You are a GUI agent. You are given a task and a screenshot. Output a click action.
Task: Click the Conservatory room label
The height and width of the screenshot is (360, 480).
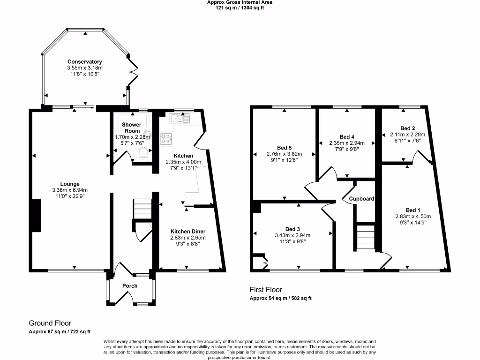click(84, 62)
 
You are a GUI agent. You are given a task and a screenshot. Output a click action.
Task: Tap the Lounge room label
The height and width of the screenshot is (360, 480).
click(69, 184)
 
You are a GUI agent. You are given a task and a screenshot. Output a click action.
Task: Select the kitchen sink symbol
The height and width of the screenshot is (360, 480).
click(180, 118)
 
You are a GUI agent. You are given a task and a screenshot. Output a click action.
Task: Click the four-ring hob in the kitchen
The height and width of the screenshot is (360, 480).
click(166, 138)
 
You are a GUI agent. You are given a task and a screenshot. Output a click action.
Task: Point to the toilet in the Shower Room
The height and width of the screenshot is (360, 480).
click(144, 155)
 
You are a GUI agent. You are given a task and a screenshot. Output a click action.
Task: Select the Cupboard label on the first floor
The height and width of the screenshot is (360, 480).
click(361, 199)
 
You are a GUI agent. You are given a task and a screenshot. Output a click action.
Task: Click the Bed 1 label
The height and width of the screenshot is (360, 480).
click(412, 210)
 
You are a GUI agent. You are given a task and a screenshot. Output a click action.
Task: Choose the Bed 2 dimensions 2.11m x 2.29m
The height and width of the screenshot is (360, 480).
click(407, 134)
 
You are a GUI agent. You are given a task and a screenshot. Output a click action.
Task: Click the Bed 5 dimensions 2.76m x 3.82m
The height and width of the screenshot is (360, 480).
click(285, 154)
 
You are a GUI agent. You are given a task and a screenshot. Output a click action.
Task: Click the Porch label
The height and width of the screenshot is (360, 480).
click(130, 286)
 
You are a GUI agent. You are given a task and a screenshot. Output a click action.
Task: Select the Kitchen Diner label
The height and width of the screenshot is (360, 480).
click(187, 232)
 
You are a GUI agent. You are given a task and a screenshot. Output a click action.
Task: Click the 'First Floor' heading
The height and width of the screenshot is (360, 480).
click(265, 290)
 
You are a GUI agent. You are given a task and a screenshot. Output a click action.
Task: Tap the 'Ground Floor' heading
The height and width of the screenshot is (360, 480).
click(50, 323)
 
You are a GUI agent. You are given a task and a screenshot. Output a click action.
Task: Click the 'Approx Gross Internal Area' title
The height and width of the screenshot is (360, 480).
click(240, 2)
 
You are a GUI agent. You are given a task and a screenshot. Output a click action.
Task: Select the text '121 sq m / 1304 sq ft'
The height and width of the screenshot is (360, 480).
click(240, 8)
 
